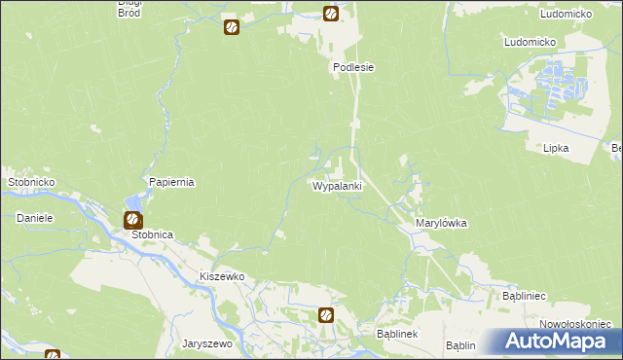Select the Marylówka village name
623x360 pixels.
coord(441,223)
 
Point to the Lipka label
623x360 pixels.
coord(556,148)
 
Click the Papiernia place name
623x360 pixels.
coord(172,182)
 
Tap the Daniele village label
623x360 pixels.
coord(33,218)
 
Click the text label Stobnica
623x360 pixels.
coord(152,235)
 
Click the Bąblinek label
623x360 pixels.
coord(397,334)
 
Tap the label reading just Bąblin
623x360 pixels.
coord(460,345)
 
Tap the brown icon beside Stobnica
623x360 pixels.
coord(132,220)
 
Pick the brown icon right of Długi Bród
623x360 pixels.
coord(231,26)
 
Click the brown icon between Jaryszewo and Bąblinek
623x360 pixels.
coord(326,314)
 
